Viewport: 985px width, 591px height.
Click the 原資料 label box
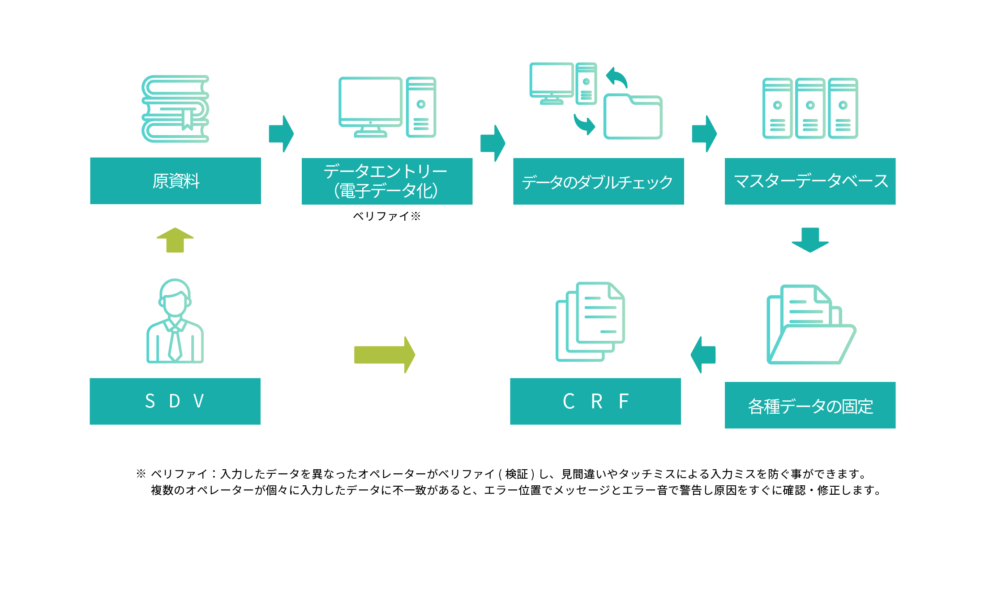click(176, 181)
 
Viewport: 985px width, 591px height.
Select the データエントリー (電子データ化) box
click(387, 181)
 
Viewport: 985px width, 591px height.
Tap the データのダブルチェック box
click(599, 181)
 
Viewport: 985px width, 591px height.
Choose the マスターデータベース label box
click(810, 181)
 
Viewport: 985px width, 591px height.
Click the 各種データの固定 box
click(810, 405)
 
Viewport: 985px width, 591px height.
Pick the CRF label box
click(595, 401)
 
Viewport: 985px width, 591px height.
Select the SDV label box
click(175, 401)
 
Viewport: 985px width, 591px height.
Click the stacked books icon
click(176, 109)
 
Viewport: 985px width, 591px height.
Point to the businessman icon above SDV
click(175, 321)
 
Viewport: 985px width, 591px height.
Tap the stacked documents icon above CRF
click(590, 321)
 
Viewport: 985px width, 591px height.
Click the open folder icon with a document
click(811, 324)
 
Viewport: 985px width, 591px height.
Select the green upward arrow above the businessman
click(175, 240)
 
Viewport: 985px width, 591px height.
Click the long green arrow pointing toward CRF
click(385, 355)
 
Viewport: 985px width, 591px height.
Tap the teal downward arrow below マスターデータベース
click(810, 240)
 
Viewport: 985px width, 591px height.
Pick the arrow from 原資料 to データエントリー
click(281, 134)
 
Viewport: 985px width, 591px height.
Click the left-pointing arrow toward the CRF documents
click(703, 355)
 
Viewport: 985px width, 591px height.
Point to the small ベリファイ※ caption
click(387, 216)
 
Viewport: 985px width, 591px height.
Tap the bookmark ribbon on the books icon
click(187, 119)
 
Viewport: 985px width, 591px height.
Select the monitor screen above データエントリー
click(370, 99)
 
